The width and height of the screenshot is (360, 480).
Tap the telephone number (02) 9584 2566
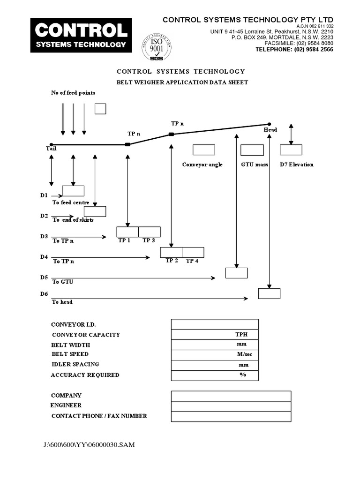294,49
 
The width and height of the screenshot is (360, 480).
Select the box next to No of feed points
100,109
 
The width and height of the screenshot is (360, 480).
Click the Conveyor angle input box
204,150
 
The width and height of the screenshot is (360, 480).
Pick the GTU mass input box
252,150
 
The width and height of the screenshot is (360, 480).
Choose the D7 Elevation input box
291,150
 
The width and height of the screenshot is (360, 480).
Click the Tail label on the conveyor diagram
51,149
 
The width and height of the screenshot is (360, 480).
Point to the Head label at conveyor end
270,130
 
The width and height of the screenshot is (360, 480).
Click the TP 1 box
127,232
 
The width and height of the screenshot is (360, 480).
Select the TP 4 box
193,252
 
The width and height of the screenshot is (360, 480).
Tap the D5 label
44,277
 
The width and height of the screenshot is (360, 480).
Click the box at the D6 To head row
269,293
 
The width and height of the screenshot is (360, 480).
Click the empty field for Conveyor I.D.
215,324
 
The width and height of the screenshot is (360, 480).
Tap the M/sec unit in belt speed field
244,354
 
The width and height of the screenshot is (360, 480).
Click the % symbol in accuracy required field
243,375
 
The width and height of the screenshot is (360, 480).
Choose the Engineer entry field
231,406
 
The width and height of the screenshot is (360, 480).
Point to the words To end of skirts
73,220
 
